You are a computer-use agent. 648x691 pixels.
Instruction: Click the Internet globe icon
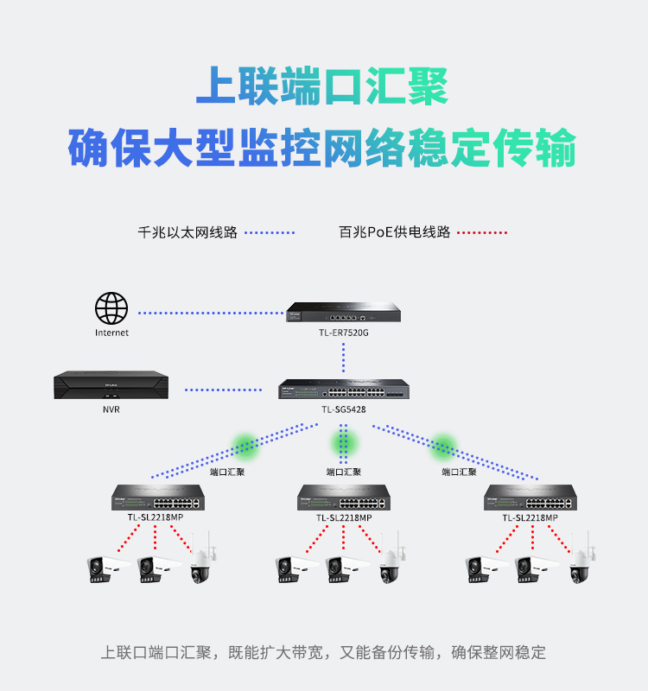[111, 308]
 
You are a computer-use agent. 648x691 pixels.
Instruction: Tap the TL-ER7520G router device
[343, 312]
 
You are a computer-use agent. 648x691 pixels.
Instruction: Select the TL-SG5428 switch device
[344, 389]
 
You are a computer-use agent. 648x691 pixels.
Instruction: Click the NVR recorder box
[111, 384]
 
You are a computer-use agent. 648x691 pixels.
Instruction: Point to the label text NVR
[111, 409]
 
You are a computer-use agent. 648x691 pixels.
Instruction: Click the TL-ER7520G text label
[344, 333]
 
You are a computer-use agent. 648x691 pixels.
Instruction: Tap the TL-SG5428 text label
[344, 409]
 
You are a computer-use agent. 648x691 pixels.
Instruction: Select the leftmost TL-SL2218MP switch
[158, 498]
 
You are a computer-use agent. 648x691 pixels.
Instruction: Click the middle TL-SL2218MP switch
[344, 498]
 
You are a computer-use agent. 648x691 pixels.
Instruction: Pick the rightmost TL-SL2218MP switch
[530, 498]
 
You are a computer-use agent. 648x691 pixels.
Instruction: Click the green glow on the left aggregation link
[245, 445]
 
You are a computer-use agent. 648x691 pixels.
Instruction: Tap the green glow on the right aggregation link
[442, 445]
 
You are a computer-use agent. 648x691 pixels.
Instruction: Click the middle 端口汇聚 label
[344, 472]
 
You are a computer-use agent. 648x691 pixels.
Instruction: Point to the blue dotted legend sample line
[270, 232]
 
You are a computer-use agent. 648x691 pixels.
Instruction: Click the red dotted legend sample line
[482, 232]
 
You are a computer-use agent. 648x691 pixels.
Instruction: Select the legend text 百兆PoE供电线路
[395, 231]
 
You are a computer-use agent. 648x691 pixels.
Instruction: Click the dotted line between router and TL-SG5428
[343, 358]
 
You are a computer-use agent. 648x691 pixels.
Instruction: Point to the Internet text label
[111, 333]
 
